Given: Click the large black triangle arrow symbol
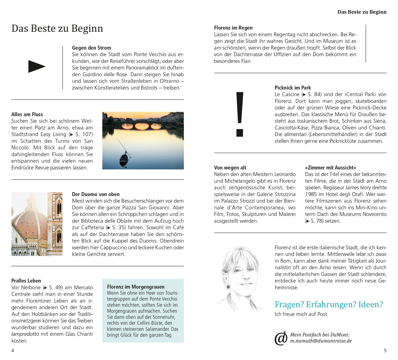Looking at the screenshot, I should click(x=36, y=67).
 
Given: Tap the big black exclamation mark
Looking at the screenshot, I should click(x=240, y=114).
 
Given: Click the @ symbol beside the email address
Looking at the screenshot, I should click(x=281, y=338).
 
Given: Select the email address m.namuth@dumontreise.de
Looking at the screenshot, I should click(x=321, y=341).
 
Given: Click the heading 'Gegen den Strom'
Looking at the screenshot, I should click(x=92, y=48).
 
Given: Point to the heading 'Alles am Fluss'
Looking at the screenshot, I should click(x=27, y=114).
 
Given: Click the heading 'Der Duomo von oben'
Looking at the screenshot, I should click(x=96, y=194).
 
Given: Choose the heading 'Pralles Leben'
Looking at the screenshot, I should click(x=26, y=281).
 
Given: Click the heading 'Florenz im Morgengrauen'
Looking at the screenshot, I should click(x=136, y=287).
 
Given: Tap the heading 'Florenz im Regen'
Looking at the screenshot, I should click(x=233, y=28).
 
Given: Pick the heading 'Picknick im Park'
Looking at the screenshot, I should click(x=293, y=88).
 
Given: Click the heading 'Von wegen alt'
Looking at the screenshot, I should click(x=230, y=168).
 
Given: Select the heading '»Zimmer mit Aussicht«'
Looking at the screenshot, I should click(x=330, y=168).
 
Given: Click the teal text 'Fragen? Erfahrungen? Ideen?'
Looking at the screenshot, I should click(x=329, y=304).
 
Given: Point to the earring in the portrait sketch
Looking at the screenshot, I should click(x=228, y=287).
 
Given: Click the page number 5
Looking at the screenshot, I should click(x=385, y=351).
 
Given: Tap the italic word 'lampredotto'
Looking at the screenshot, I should click(x=25, y=334).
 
